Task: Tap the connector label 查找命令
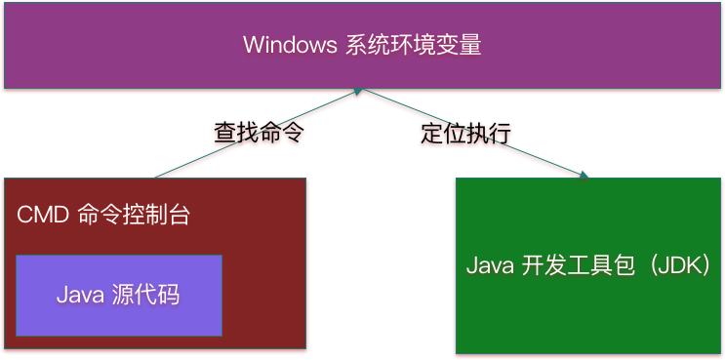(254, 134)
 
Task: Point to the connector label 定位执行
(466, 134)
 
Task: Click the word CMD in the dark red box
(41, 215)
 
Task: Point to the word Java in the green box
(489, 265)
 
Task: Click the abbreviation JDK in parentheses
(674, 265)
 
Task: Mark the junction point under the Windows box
(359, 92)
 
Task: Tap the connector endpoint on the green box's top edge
(584, 175)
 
